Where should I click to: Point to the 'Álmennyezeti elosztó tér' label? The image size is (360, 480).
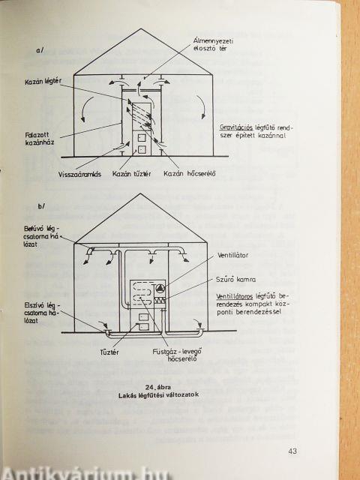[x=213, y=45]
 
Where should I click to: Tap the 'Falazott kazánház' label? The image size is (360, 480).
[x=39, y=139]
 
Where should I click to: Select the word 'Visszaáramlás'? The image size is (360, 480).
[x=79, y=175]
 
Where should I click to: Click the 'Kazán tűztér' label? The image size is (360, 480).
[x=132, y=174]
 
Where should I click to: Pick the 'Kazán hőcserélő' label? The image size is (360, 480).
[x=190, y=174]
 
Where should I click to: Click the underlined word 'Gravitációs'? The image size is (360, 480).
[x=236, y=128]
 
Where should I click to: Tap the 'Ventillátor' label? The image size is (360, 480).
[x=233, y=255]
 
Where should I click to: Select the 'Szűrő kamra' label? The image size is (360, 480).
[x=236, y=280]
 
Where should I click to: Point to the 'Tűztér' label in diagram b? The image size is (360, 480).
[x=109, y=352]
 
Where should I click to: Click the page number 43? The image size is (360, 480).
[x=292, y=451]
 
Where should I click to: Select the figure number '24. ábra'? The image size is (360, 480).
[x=158, y=387]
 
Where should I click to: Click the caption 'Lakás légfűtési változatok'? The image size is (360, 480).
[x=158, y=395]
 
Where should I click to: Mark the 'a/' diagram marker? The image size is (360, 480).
[x=40, y=51]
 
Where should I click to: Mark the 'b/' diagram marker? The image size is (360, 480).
[x=41, y=206]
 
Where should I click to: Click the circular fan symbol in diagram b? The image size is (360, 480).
[x=160, y=289]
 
